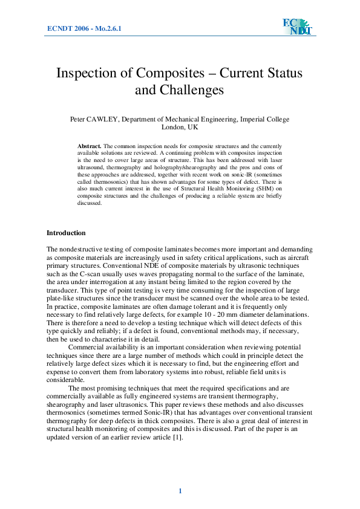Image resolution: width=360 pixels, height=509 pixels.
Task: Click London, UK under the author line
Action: pos(180,128)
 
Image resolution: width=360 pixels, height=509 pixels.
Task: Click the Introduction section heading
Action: pos(66,233)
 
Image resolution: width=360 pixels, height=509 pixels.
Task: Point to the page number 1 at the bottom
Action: pos(180,490)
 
